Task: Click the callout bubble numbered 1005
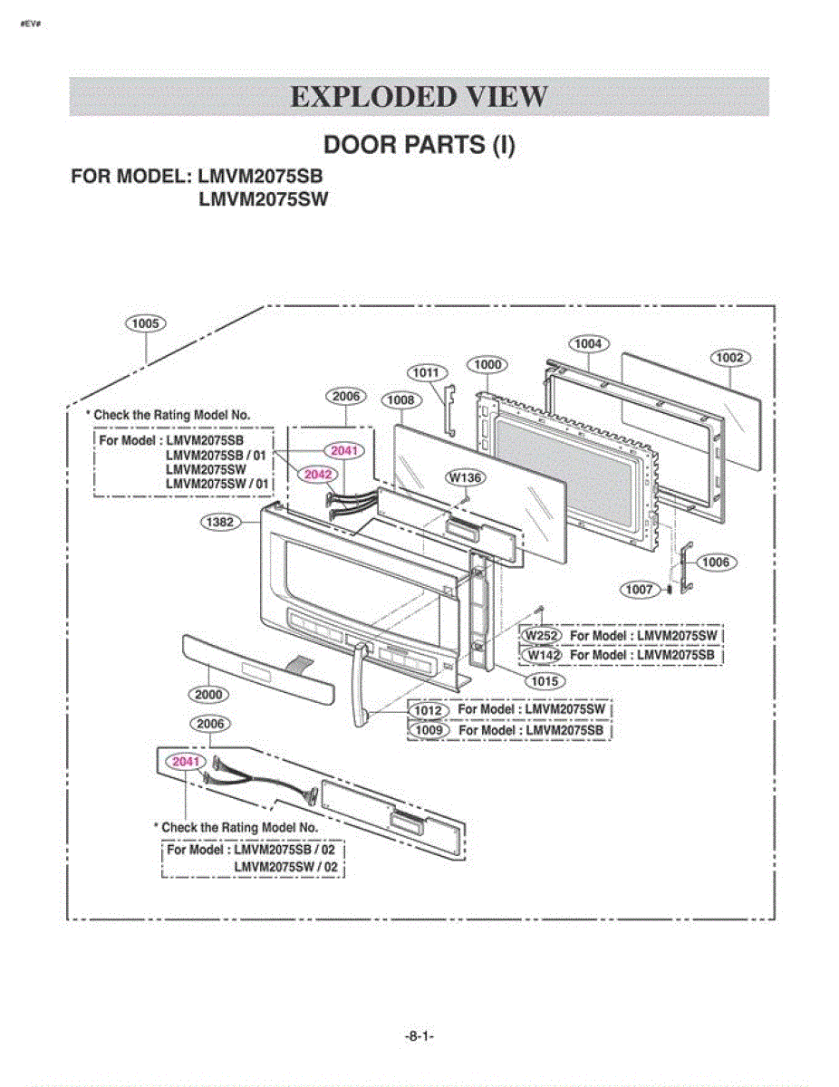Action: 146,323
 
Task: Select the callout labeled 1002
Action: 730,358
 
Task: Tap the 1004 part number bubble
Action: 588,343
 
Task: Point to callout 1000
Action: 487,365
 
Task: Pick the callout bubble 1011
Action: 427,372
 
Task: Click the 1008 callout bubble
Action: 401,400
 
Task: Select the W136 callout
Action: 466,477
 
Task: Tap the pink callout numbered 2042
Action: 318,475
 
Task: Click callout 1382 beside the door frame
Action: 220,523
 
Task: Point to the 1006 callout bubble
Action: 717,563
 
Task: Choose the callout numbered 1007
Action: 640,590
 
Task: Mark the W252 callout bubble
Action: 542,636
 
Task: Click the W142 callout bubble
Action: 542,655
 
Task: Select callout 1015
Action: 545,681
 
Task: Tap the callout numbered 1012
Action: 429,710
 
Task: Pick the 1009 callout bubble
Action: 429,730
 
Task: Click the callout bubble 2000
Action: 208,694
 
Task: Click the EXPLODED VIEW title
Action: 419,97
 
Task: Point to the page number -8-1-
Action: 419,1035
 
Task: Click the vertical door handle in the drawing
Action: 362,686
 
